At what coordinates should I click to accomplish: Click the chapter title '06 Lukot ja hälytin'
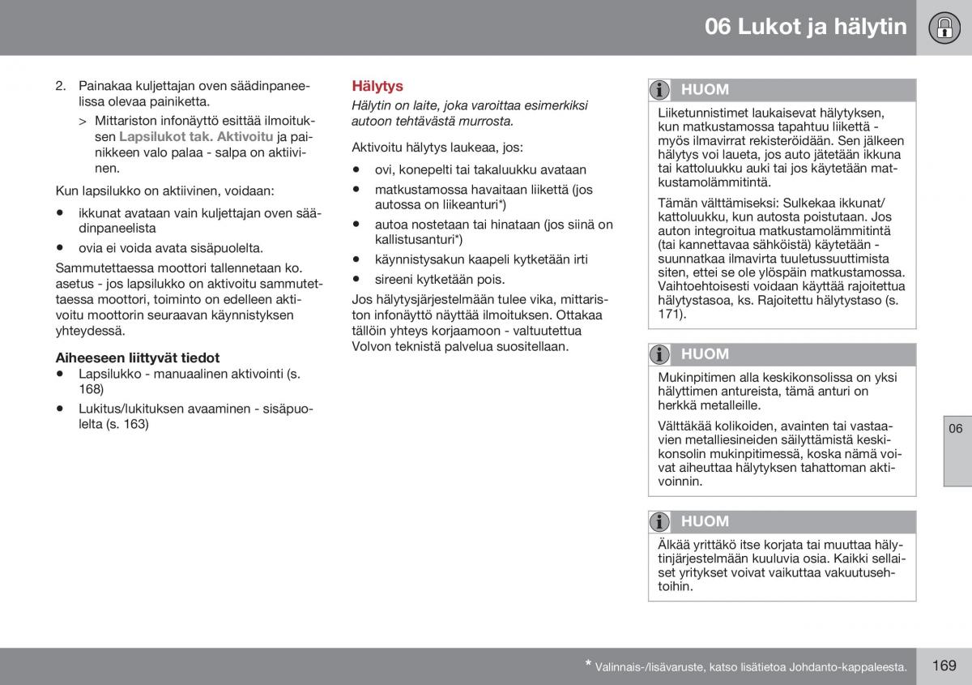click(805, 27)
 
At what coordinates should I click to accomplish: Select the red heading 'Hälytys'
click(377, 86)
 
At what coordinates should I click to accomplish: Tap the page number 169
click(944, 666)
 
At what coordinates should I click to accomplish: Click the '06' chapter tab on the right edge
click(956, 429)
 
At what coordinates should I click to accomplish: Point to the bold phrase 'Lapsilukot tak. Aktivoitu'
click(196, 137)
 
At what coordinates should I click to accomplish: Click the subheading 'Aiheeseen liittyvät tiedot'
click(138, 357)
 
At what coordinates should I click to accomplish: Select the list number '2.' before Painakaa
click(61, 85)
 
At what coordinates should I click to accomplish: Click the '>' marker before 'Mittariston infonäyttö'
click(83, 121)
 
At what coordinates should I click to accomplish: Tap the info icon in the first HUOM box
click(661, 90)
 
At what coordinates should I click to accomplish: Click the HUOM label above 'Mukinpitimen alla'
click(705, 354)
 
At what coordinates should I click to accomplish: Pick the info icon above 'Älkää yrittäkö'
click(661, 522)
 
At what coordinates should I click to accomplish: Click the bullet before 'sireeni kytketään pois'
click(356, 280)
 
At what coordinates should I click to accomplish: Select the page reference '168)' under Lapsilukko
click(91, 389)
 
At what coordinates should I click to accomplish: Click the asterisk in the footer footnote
click(588, 665)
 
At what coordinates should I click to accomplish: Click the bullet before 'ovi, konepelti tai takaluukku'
click(356, 170)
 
